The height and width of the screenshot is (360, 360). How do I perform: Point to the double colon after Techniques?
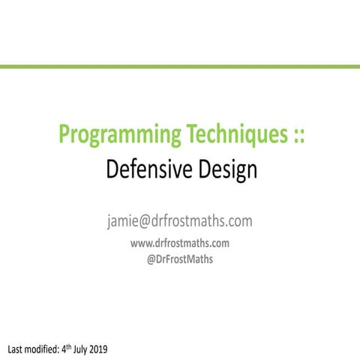coord(294,137)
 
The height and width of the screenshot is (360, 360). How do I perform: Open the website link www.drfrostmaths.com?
coord(179,243)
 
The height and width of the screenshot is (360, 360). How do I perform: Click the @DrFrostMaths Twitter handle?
coord(179,261)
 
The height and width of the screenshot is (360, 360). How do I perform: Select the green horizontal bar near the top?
coord(180,67)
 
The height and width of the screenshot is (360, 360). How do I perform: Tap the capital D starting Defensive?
coord(111,169)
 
